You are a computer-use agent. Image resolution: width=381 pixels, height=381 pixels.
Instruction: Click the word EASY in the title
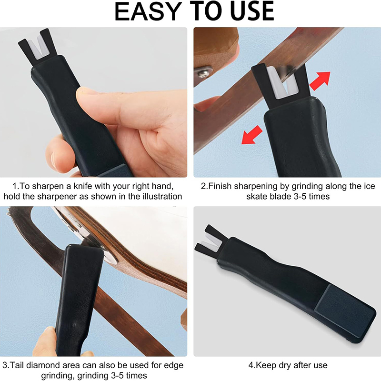[x=148, y=11]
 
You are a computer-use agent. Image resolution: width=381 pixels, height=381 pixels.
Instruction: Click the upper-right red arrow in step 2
[x=320, y=81]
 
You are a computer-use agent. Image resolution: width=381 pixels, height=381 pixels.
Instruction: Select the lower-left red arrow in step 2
[x=252, y=135]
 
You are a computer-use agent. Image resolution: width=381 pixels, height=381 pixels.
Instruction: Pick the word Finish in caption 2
[x=220, y=186]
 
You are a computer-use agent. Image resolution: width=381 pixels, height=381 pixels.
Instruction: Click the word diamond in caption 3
[x=46, y=365]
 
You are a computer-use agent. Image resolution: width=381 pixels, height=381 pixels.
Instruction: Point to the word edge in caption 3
[x=174, y=366]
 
